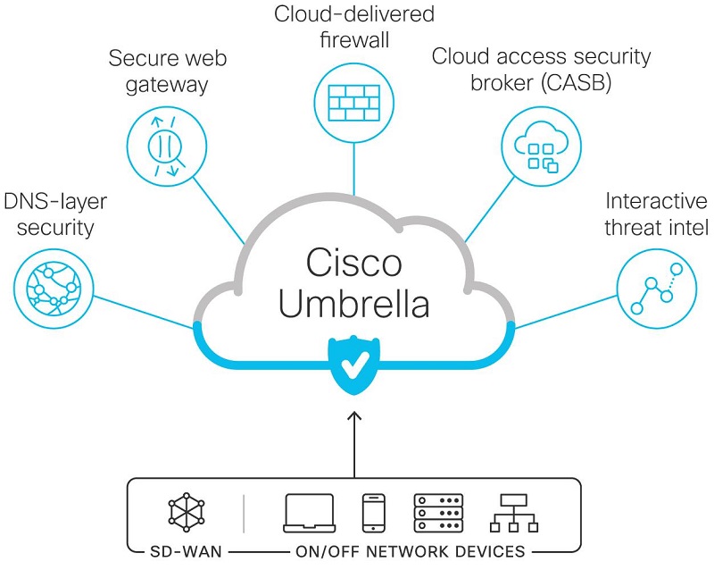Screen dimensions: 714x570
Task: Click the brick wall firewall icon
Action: pos(354,103)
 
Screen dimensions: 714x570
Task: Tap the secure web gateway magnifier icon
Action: pos(166,147)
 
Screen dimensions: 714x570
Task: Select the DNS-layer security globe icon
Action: pos(54,289)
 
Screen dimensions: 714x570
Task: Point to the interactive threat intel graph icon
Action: pos(657,289)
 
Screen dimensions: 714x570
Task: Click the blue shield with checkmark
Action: pos(354,365)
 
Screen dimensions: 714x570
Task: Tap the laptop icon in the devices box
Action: pos(309,514)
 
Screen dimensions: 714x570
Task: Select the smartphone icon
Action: pos(373,514)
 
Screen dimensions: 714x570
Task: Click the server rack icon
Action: pos(438,514)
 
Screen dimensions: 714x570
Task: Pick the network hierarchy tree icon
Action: pos(514,514)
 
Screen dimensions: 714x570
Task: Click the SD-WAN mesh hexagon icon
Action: pos(187,513)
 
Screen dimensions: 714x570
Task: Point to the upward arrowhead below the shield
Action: pos(354,415)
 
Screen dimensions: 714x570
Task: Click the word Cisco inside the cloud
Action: pos(353,263)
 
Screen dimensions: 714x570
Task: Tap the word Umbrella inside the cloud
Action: pos(353,303)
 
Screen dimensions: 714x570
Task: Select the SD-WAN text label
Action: pos(186,552)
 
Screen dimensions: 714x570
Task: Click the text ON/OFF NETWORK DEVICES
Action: pos(410,552)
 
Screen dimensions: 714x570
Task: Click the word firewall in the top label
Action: pos(354,39)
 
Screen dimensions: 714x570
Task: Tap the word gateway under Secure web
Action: pos(167,85)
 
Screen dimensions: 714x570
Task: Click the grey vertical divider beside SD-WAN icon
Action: pos(244,514)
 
